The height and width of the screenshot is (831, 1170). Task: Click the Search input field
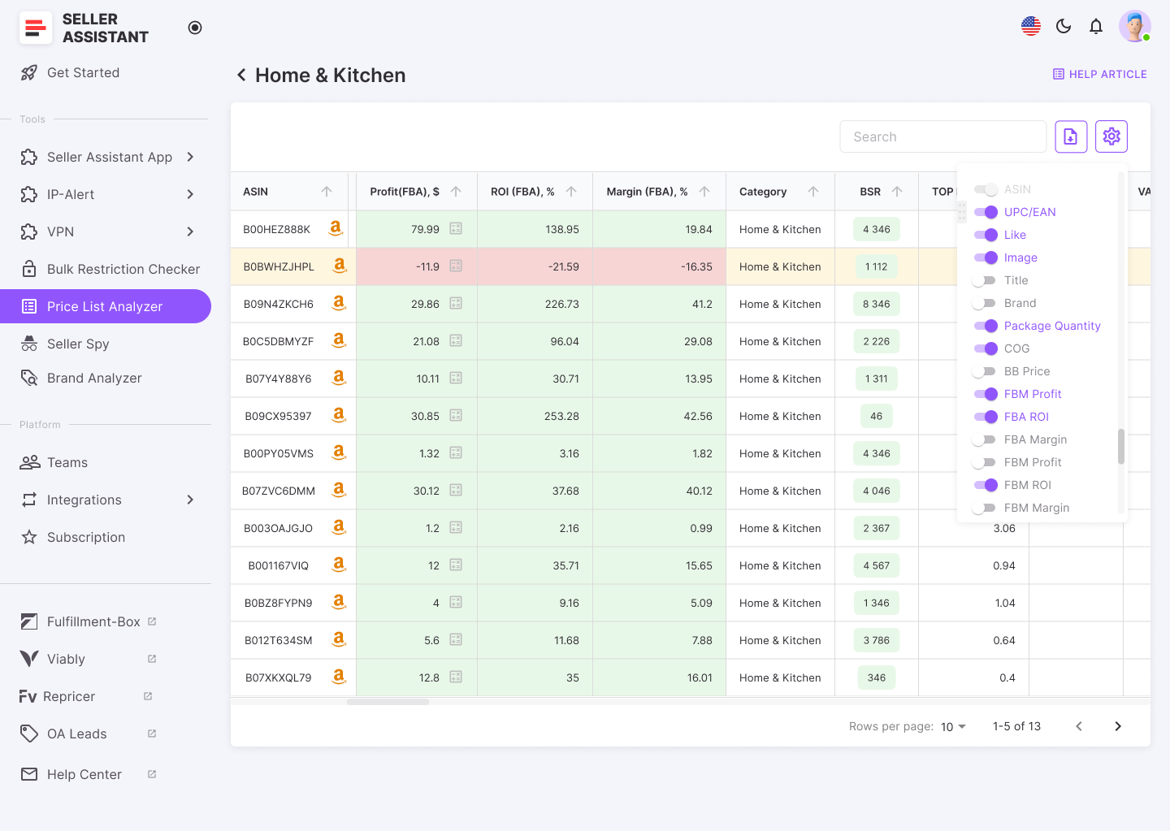[x=942, y=136]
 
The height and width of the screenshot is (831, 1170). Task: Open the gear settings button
[x=1111, y=136]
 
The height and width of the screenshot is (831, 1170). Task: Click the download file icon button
[x=1071, y=136]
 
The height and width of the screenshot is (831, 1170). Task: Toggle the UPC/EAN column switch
[x=986, y=212]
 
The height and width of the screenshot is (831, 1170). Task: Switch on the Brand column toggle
[x=985, y=303]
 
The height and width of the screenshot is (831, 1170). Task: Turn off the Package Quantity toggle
[x=986, y=326]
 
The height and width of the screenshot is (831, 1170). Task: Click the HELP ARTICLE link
[x=1100, y=74]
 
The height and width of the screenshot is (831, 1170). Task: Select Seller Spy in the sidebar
[x=78, y=344]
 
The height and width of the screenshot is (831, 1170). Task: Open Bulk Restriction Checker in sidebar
[x=123, y=269]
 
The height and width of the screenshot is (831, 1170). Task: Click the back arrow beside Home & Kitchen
[x=241, y=75]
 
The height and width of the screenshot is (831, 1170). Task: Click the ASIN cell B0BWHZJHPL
[x=279, y=266]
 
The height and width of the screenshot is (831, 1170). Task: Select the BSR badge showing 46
[x=876, y=416]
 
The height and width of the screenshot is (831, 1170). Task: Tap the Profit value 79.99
[x=425, y=229]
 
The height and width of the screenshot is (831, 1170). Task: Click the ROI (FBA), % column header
[x=522, y=192]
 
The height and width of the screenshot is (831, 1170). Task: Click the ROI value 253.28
[x=561, y=416]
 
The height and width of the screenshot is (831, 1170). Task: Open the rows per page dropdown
[x=953, y=726]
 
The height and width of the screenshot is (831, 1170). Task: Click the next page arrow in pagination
[x=1118, y=726]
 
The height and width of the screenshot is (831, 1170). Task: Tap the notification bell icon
[x=1096, y=26]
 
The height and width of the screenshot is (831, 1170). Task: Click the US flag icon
[x=1031, y=26]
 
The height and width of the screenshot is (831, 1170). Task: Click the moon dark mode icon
[x=1064, y=26]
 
